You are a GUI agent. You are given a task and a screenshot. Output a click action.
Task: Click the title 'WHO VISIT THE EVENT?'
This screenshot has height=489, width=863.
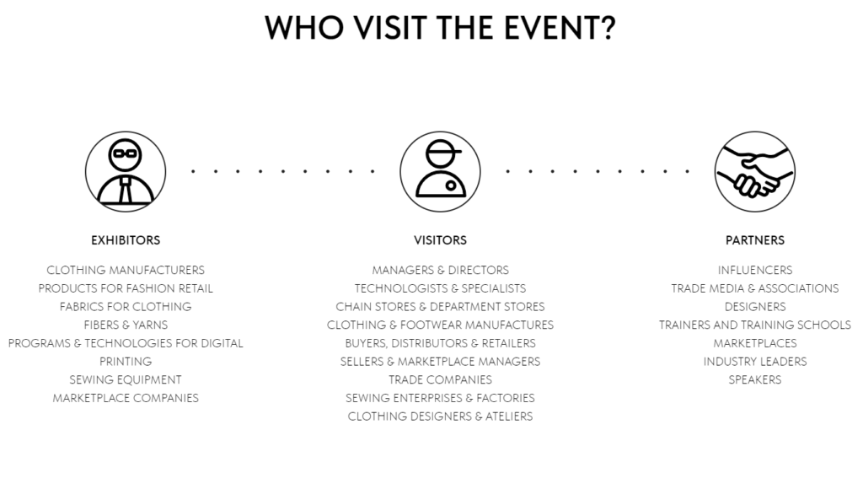439,28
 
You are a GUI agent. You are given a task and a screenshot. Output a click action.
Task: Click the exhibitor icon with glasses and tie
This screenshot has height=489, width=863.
126,171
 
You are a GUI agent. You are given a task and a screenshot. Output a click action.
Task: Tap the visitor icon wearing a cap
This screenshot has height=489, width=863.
440,171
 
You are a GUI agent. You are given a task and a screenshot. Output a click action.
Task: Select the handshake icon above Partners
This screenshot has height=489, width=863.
754,171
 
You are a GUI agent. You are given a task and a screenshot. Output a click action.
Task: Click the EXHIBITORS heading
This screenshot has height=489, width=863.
126,240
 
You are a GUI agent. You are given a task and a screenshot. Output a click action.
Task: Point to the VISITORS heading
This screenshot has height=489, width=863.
440,240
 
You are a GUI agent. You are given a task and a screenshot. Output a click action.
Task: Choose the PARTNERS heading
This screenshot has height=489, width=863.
754,240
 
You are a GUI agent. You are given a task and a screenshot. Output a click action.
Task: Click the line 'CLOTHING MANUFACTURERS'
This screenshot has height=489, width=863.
126,271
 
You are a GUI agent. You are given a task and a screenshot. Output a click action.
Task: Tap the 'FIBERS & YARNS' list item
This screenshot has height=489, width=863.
126,325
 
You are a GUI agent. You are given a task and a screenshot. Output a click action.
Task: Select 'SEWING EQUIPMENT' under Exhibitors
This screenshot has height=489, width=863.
126,379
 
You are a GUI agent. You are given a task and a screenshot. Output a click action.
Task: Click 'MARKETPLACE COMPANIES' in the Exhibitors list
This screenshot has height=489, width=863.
126,398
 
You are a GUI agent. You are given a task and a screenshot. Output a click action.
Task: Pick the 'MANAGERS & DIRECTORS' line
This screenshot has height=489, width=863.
440,271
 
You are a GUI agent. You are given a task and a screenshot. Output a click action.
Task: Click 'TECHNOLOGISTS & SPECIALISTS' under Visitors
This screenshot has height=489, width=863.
440,288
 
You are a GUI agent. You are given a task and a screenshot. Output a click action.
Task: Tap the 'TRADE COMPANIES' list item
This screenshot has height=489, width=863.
440,379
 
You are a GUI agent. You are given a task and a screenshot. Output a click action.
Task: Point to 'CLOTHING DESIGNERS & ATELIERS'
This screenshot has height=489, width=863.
440,416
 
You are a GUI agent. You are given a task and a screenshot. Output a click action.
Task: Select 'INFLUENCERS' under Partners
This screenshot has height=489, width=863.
754,271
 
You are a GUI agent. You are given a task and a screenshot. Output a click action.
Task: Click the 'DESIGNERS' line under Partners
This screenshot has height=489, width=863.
754,307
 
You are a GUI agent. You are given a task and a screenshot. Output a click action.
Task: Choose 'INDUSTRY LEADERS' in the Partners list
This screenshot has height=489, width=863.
754,362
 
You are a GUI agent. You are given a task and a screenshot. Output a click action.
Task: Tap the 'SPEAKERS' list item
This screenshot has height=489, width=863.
754,379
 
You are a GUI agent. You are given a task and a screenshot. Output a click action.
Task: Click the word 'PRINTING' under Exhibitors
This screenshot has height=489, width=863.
126,361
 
